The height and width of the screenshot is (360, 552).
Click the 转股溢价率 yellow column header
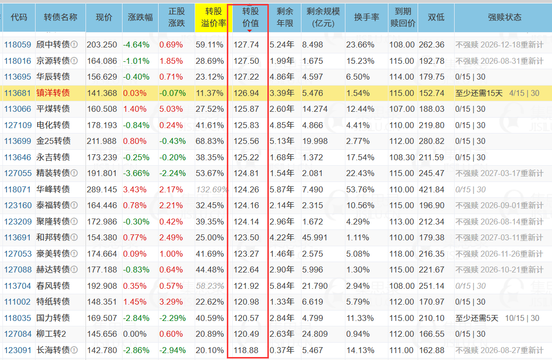pyautogui.click(x=213, y=17)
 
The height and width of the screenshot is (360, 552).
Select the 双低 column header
pyautogui.click(x=436, y=17)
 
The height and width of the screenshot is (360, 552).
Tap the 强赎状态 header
pyautogui.click(x=505, y=17)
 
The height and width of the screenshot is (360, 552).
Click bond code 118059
pyautogui.click(x=18, y=45)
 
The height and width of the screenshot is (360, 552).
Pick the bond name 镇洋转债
pyautogui.click(x=53, y=93)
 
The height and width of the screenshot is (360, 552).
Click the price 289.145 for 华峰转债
pyautogui.click(x=102, y=189)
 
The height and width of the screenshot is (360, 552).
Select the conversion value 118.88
pyautogui.click(x=246, y=351)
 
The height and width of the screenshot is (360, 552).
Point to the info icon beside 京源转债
pyautogui.click(x=74, y=61)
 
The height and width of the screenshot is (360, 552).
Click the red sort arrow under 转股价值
pyautogui.click(x=250, y=31)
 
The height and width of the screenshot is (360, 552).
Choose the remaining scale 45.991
pyautogui.click(x=315, y=238)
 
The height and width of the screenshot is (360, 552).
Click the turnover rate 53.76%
pyautogui.click(x=360, y=189)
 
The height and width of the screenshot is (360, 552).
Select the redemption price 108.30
pyautogui.click(x=402, y=157)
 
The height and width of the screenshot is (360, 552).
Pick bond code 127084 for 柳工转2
pyautogui.click(x=18, y=334)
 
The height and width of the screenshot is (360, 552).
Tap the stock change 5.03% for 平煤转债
pyautogui.click(x=171, y=109)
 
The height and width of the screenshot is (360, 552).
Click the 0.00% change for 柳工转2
pyautogui.click(x=135, y=334)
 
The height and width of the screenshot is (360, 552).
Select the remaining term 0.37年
pyautogui.click(x=282, y=351)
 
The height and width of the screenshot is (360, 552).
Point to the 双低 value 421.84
pyautogui.click(x=431, y=189)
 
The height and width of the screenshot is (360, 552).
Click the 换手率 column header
pyautogui.click(x=367, y=17)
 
